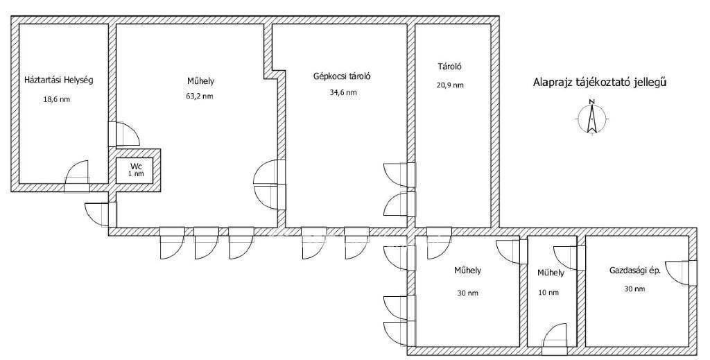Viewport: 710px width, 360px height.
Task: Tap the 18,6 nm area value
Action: pos(57,100)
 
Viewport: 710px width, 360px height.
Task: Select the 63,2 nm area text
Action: pos(200,96)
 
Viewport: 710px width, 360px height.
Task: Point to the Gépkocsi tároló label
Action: pos(343,76)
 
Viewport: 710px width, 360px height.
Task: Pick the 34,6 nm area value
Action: pos(343,92)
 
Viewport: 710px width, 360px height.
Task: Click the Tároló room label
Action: pos(449,67)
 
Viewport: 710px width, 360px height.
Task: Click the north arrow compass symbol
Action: pos(591,117)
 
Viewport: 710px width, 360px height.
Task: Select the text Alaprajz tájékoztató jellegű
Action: pos(600,83)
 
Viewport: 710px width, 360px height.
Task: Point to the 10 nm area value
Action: pos(548,293)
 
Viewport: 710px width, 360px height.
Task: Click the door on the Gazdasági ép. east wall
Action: pos(684,273)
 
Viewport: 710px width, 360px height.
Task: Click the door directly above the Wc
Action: pos(123,134)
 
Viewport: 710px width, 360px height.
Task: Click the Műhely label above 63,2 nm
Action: pos(200,81)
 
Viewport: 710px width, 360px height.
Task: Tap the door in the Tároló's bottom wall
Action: pos(439,238)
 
